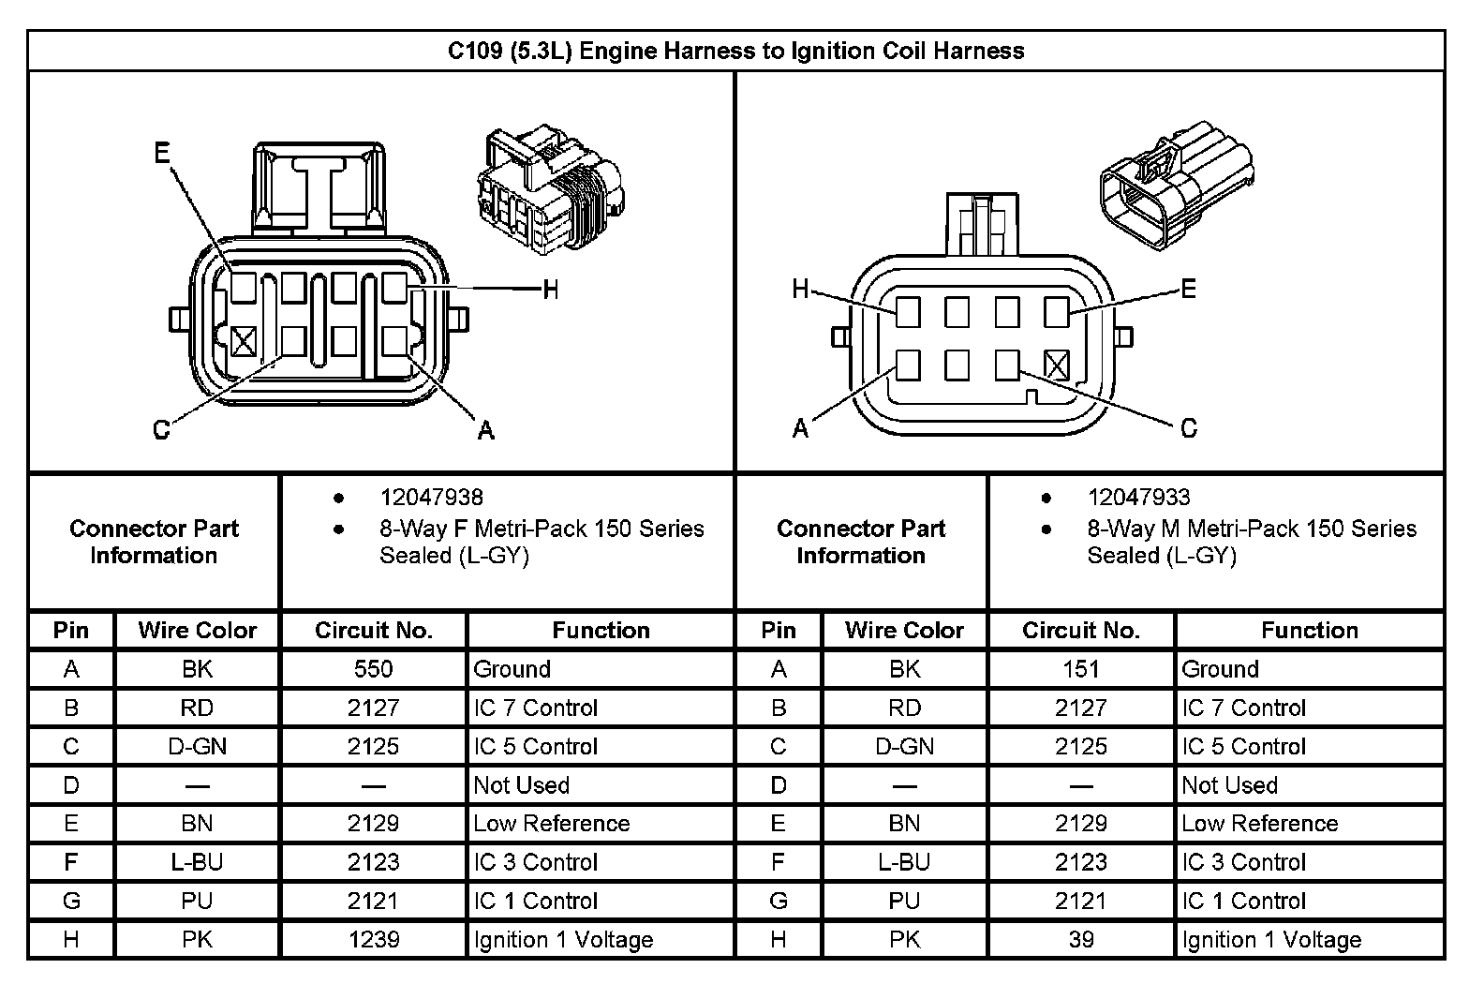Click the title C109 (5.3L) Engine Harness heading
(x=735, y=51)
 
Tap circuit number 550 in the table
(x=373, y=669)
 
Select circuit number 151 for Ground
(x=1080, y=669)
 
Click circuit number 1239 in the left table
(x=373, y=939)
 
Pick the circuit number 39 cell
(x=1080, y=939)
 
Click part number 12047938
(x=431, y=498)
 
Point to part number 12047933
(x=1138, y=498)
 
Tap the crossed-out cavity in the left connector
(x=244, y=341)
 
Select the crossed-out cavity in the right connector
(x=1056, y=365)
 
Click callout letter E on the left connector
(x=162, y=154)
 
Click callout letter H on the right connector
(x=799, y=289)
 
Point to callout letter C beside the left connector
(x=161, y=430)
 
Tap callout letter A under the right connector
(x=800, y=429)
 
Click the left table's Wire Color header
(x=197, y=631)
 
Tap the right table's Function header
(x=1309, y=631)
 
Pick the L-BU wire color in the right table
(x=904, y=862)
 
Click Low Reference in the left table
(x=552, y=824)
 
